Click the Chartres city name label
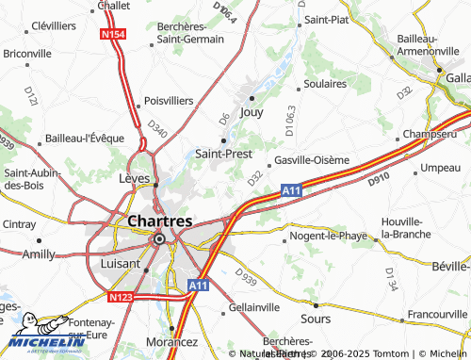tap(158, 221)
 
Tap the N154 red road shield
tap(113, 35)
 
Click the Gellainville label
tap(254, 309)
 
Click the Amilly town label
tap(40, 254)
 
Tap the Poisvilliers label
tap(170, 101)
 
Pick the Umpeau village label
tap(441, 167)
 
